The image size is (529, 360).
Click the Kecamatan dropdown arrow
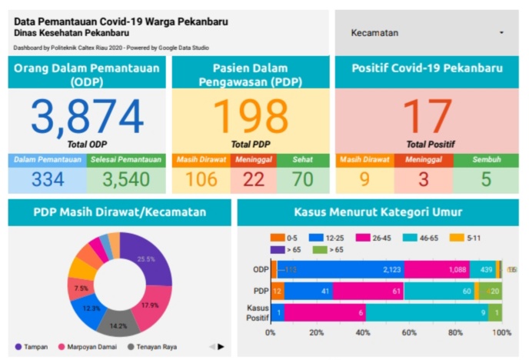[x=501, y=33]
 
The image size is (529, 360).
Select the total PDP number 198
[x=250, y=116]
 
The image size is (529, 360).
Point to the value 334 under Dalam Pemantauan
[x=47, y=180]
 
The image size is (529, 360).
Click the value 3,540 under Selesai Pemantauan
[x=126, y=180]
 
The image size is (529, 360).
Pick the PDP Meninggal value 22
[x=253, y=180]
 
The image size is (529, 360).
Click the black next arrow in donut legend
[x=221, y=347]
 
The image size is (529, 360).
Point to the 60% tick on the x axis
[x=409, y=333]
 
